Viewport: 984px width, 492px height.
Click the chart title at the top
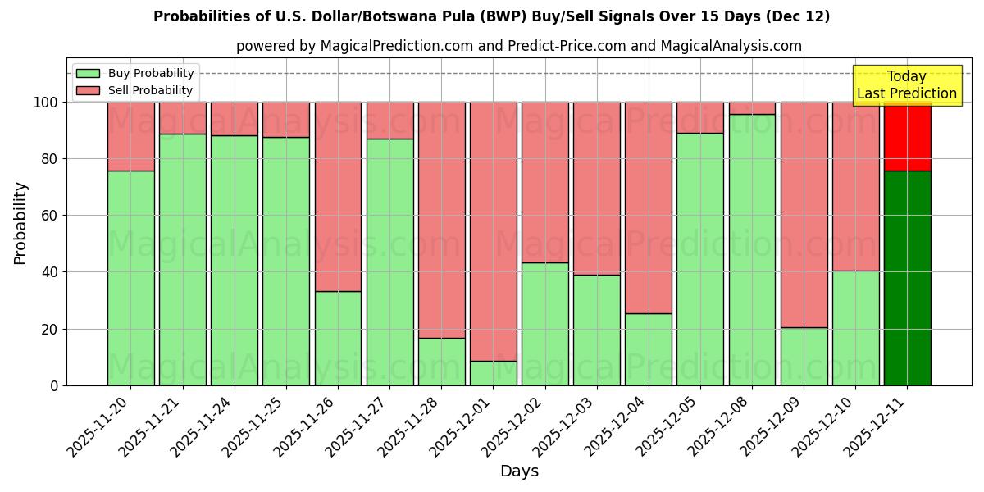[x=491, y=16]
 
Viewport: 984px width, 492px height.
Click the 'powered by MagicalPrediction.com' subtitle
[x=518, y=46]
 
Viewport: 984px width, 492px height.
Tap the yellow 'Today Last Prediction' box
[x=907, y=85]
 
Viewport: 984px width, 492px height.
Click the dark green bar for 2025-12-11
[x=907, y=278]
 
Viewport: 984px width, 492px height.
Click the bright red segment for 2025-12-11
[x=907, y=136]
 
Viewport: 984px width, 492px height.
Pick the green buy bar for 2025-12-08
[x=752, y=249]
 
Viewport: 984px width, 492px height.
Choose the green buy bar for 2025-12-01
[x=493, y=373]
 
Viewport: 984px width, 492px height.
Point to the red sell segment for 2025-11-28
[x=441, y=220]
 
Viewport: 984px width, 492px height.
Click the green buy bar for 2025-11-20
[x=130, y=278]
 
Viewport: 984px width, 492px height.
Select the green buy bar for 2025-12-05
[x=700, y=259]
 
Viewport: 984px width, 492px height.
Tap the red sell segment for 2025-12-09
[x=804, y=215]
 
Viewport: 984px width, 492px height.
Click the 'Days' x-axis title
[x=519, y=471]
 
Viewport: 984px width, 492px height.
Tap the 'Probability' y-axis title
[x=20, y=222]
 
